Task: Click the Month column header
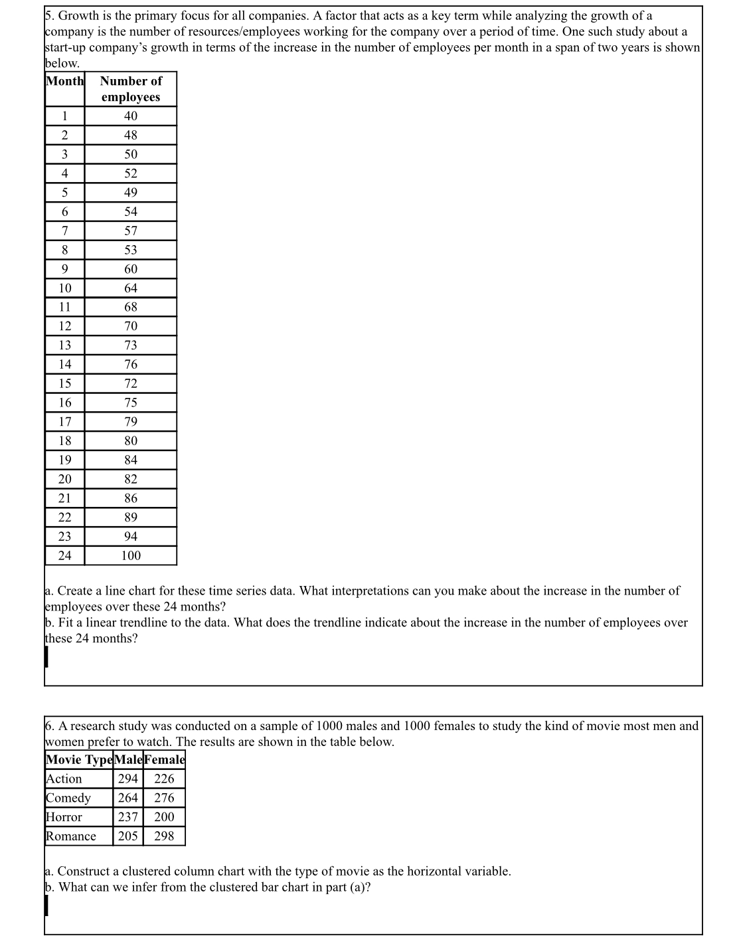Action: click(x=65, y=81)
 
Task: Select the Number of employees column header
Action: click(x=131, y=89)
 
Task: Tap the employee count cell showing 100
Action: click(x=131, y=556)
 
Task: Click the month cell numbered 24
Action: click(x=65, y=556)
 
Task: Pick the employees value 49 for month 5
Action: click(x=131, y=193)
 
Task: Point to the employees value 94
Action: click(x=131, y=537)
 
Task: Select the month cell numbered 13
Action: click(x=65, y=345)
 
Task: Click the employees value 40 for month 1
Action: click(x=131, y=116)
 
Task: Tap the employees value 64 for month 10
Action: click(x=131, y=288)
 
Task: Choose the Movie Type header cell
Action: click(x=79, y=760)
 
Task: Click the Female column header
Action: click(x=164, y=760)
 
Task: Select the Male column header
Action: click(x=128, y=760)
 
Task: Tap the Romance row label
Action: click(x=71, y=836)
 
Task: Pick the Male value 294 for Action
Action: click(x=128, y=779)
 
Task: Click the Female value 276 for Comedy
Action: click(x=164, y=799)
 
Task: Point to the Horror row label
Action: click(x=64, y=818)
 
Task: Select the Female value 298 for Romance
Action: click(x=164, y=836)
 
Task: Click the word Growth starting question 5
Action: click(x=79, y=16)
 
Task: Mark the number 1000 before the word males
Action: click(x=330, y=726)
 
